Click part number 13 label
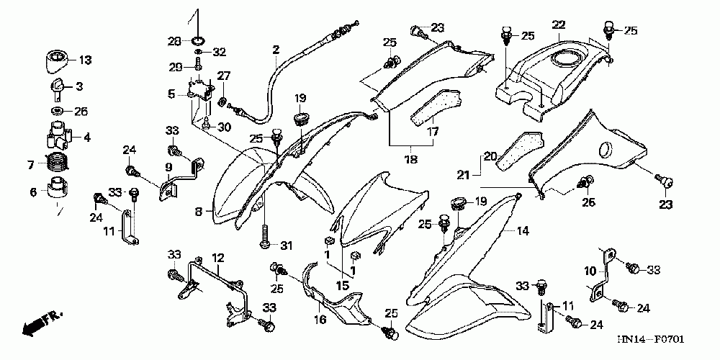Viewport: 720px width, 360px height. tap(85, 60)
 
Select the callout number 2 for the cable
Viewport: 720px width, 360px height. tap(275, 49)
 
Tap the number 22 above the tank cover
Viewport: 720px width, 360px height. tap(558, 25)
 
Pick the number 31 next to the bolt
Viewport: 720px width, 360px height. tap(286, 246)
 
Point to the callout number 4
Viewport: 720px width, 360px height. tap(86, 137)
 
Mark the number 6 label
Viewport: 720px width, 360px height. tap(32, 192)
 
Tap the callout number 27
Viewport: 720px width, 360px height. tap(223, 76)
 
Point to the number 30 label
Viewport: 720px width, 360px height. tap(223, 127)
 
